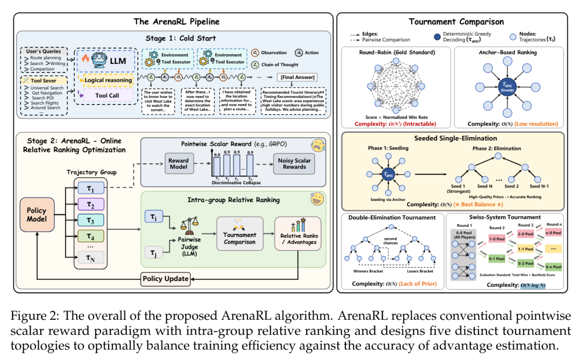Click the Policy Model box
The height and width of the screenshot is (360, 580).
pyautogui.click(x=37, y=215)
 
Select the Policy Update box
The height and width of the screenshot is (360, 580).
pyautogui.click(x=165, y=279)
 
